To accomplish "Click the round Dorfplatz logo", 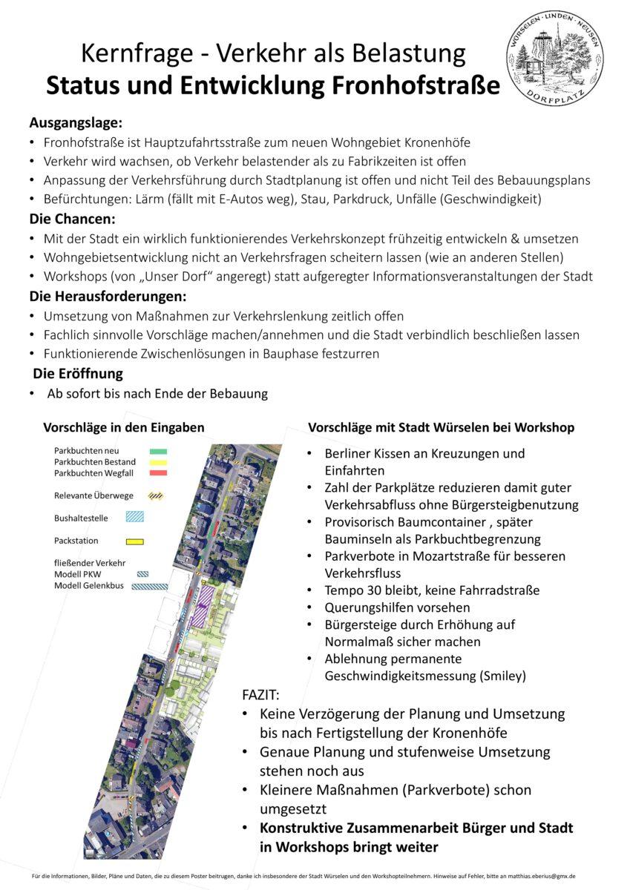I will (x=555, y=57).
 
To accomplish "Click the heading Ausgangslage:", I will (x=75, y=123).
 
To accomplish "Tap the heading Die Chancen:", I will (x=73, y=220).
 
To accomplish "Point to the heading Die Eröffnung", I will (x=78, y=374).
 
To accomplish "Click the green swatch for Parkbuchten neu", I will (x=158, y=451).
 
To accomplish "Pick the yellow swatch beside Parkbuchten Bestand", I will (x=158, y=462).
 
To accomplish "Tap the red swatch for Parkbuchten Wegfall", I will (x=158, y=473).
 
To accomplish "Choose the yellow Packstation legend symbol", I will (x=134, y=541).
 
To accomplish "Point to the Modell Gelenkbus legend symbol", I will (x=149, y=586).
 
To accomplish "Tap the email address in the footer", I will (x=535, y=876).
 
